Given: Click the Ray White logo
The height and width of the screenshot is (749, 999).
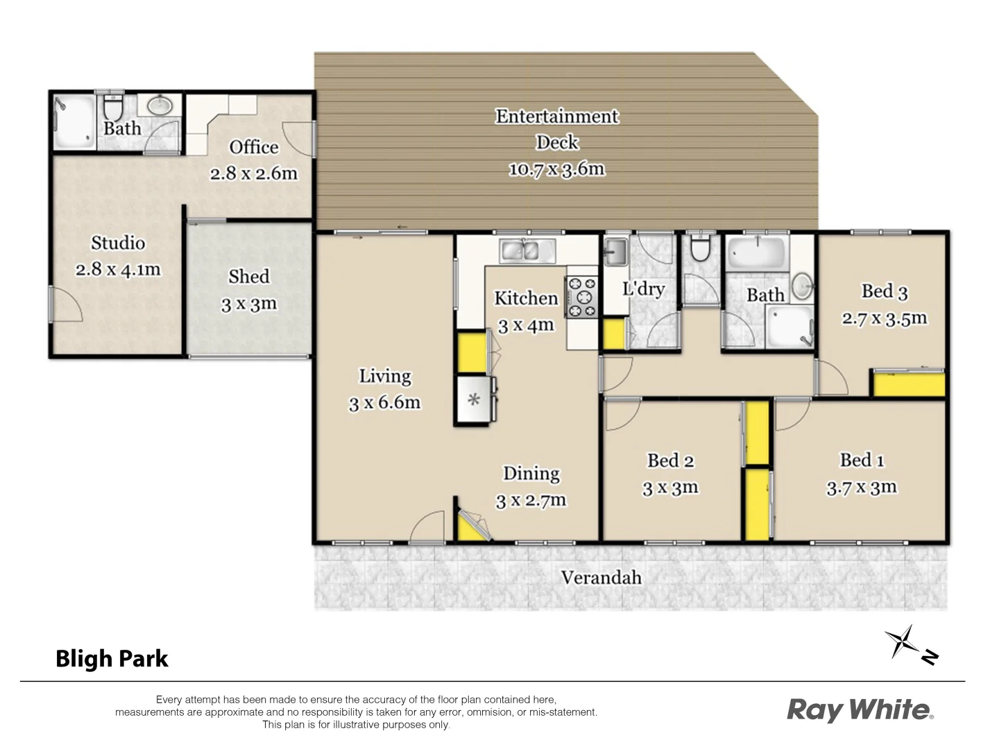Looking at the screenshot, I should tap(860, 709).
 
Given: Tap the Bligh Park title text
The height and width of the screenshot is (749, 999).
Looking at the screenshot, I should tap(112, 658).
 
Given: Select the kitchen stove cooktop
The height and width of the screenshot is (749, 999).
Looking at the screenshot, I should tap(581, 298).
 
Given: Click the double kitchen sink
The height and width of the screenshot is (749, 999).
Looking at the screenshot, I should tap(527, 250).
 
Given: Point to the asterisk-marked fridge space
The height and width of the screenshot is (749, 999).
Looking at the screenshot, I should tap(474, 399).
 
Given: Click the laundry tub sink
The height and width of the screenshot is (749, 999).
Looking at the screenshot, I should tap(615, 251).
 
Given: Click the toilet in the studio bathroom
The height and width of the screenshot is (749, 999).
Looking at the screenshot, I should tap(112, 109).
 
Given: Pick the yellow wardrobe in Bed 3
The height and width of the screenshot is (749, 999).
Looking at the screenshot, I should tap(908, 384).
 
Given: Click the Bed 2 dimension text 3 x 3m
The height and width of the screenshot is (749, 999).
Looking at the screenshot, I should tap(670, 488).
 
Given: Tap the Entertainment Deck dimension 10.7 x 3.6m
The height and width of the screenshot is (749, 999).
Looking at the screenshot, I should tap(556, 169).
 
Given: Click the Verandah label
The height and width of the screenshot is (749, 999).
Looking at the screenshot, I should tap(601, 578).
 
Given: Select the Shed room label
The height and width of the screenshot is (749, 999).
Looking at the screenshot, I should tap(248, 277).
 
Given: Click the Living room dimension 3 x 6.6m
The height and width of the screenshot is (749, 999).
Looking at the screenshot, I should tap(384, 403).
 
